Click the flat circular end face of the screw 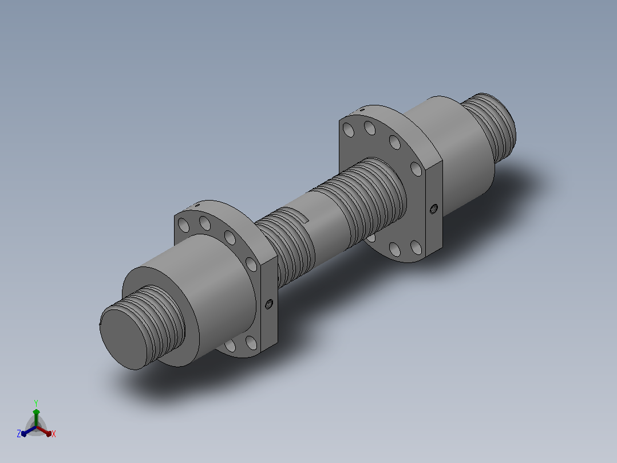tap(127, 339)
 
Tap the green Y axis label tap(36, 403)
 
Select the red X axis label tap(54, 434)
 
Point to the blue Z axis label tap(19, 434)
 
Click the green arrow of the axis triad tap(36, 417)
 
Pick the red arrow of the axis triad tap(44, 431)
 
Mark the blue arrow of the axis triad tap(29, 431)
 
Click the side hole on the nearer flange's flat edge tap(269, 304)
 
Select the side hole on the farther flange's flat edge tap(434, 209)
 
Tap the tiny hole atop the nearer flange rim tap(197, 205)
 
